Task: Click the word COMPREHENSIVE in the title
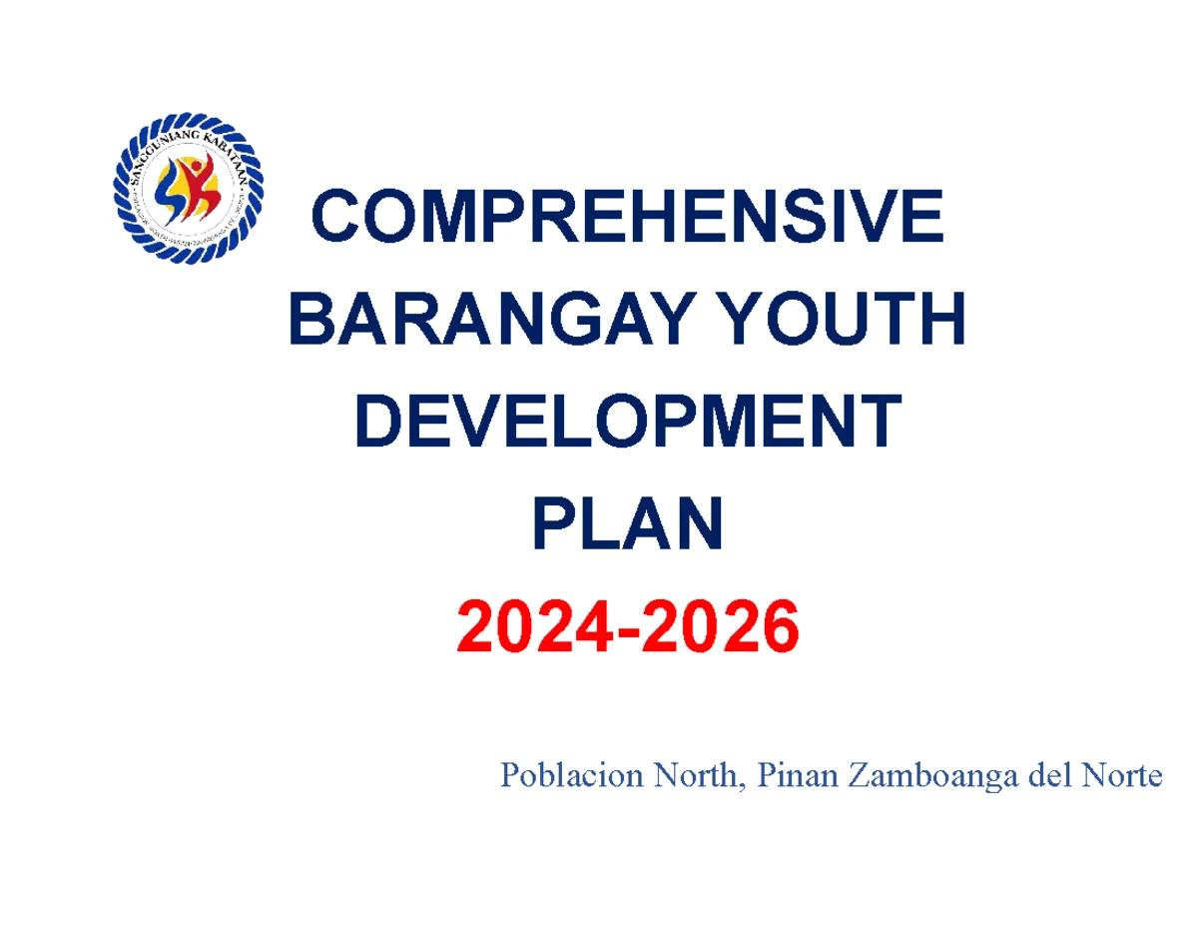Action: [628, 219]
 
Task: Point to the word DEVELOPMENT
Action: [628, 424]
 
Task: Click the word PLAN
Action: [628, 526]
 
